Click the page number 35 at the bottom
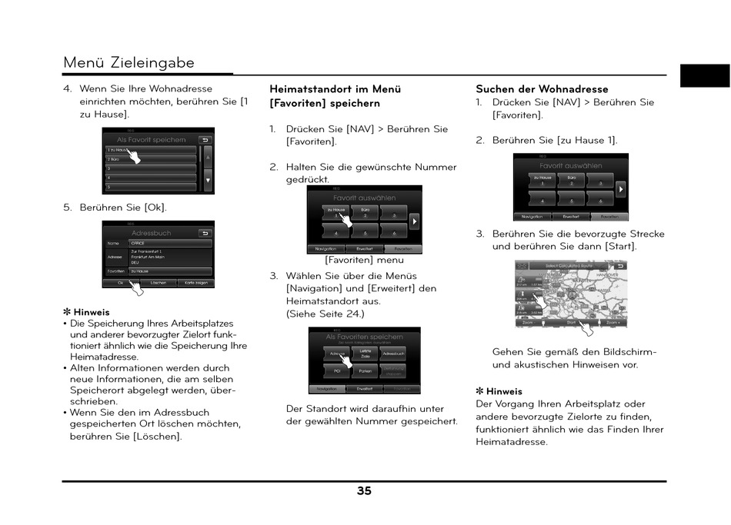[x=364, y=491]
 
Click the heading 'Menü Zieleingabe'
[x=129, y=62]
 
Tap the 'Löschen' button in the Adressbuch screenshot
[x=158, y=283]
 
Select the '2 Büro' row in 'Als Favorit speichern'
[x=151, y=158]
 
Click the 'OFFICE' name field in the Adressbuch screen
[x=170, y=243]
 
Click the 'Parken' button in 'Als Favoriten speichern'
[x=365, y=371]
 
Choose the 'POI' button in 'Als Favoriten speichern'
[x=337, y=371]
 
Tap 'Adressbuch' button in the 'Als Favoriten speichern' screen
[x=393, y=354]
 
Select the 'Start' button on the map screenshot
[x=572, y=323]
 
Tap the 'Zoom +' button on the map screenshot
[x=613, y=323]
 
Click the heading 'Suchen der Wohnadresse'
[x=542, y=89]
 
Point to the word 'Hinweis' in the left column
[x=92, y=312]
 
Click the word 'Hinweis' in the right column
[x=504, y=391]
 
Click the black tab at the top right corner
[x=704, y=75]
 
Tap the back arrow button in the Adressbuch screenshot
[x=205, y=233]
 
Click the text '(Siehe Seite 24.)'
[x=325, y=314]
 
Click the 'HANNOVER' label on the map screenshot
[x=607, y=274]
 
